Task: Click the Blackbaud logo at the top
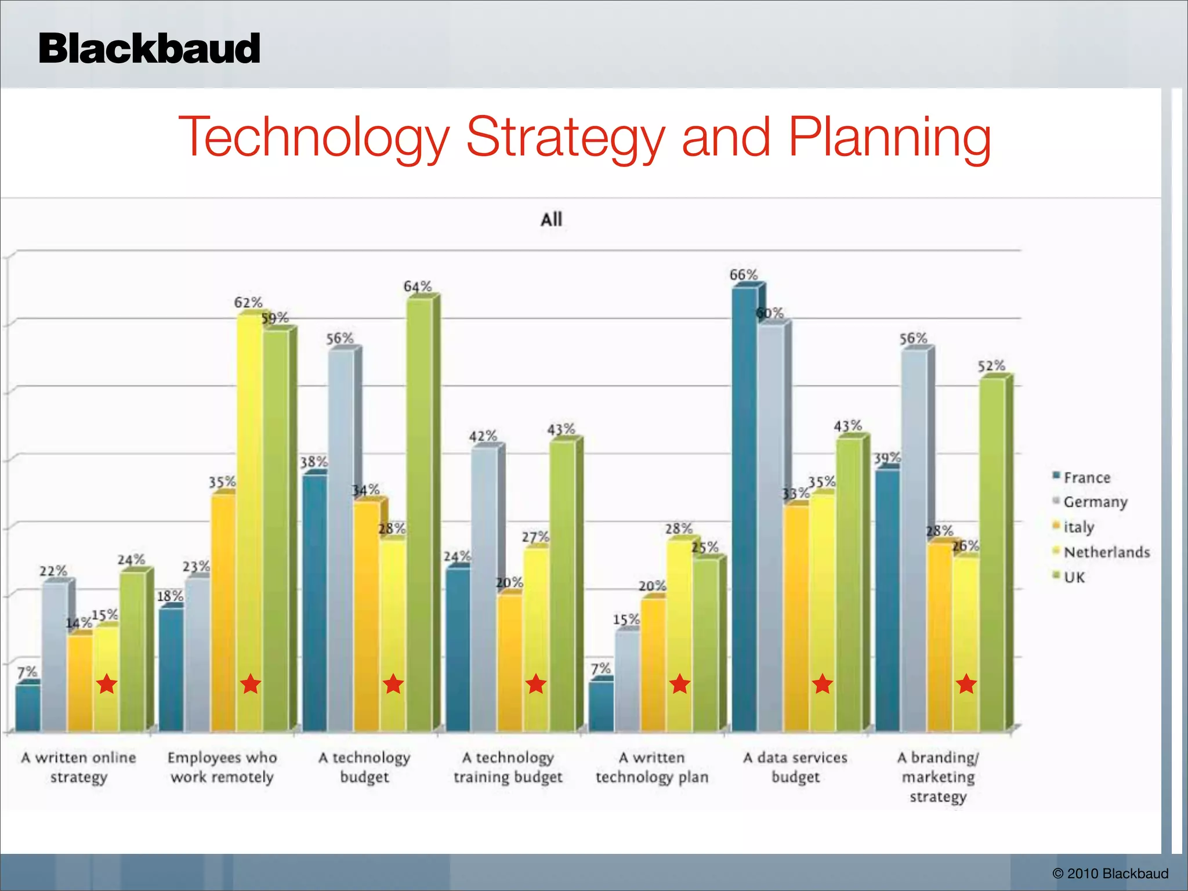[149, 49]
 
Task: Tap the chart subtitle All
[551, 219]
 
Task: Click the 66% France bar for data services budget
[745, 510]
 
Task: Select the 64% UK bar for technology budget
[419, 516]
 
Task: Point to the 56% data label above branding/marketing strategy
[913, 338]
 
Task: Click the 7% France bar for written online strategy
[27, 708]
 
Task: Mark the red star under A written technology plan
[679, 684]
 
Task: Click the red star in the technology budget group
[393, 684]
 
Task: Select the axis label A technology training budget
[508, 767]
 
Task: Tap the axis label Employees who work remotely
[222, 767]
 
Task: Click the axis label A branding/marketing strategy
[938, 777]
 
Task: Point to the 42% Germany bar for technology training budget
[484, 586]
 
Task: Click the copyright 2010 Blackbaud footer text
[1110, 874]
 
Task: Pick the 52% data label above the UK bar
[991, 366]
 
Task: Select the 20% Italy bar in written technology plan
[653, 664]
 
